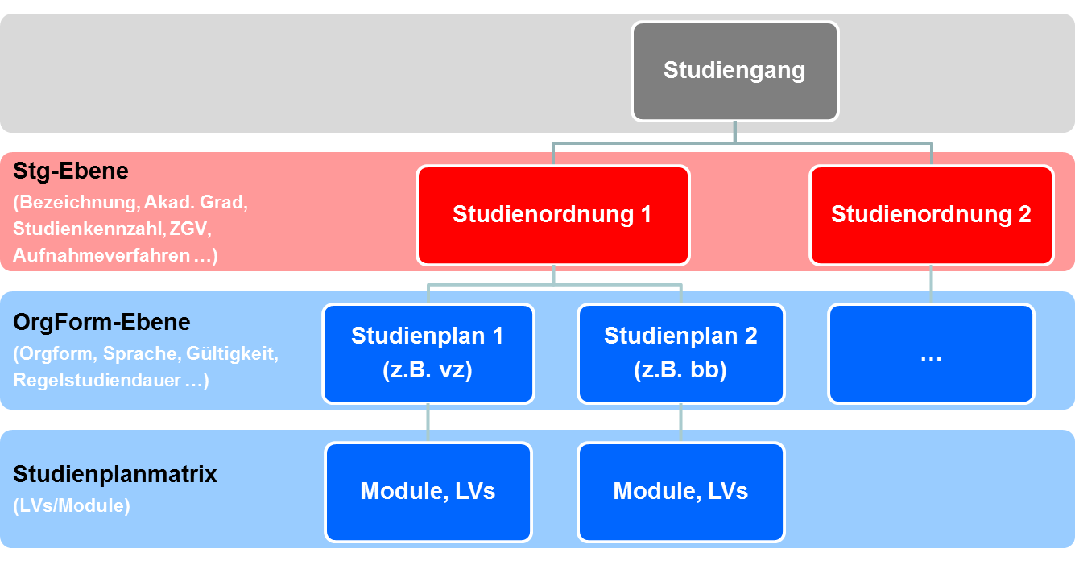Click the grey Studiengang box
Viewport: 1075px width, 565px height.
[734, 71]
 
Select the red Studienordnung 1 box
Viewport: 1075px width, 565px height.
[552, 215]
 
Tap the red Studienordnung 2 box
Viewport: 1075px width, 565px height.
[931, 215]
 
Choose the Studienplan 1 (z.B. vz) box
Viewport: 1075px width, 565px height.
[428, 353]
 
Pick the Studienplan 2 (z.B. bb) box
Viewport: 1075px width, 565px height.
[680, 353]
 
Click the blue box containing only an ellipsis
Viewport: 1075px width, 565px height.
[931, 353]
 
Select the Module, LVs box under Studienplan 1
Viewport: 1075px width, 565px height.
[428, 491]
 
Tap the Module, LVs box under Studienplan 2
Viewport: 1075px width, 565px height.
[680, 491]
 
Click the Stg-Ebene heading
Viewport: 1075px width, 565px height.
[71, 171]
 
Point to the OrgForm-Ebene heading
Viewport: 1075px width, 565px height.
[101, 322]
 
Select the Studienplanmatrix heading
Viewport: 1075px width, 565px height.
[115, 474]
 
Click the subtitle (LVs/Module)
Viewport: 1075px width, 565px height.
[71, 506]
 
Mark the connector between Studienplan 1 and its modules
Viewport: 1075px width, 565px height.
[428, 423]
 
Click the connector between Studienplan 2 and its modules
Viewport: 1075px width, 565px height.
[680, 423]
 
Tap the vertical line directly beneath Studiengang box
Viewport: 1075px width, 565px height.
[734, 131]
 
